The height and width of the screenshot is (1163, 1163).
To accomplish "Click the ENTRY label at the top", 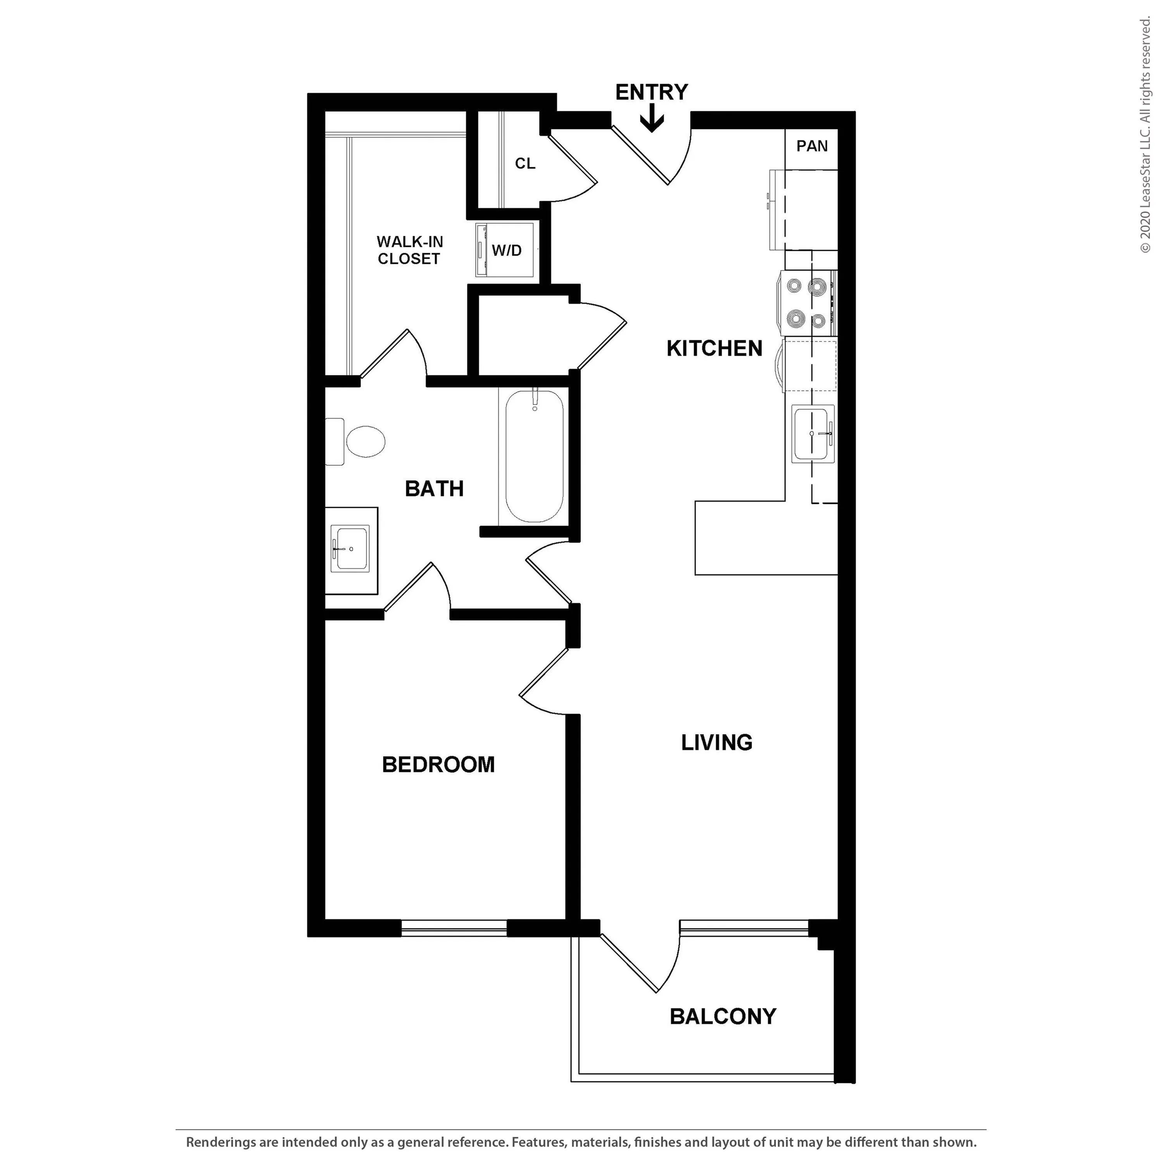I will pos(651,92).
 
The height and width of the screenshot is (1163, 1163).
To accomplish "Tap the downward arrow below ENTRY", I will pos(651,118).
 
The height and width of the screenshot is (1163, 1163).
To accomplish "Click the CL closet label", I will pos(525,163).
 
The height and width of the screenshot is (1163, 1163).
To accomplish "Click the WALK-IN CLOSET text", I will pos(409,250).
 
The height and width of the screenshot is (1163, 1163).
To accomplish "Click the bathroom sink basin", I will pos(351,549).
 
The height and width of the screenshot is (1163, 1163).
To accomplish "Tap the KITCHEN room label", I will pos(714,349).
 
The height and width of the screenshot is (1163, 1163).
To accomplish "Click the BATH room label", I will pos(434,489).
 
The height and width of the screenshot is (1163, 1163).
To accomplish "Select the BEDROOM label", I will pos(438,764).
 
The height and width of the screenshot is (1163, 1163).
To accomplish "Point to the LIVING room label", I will pos(716,742).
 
